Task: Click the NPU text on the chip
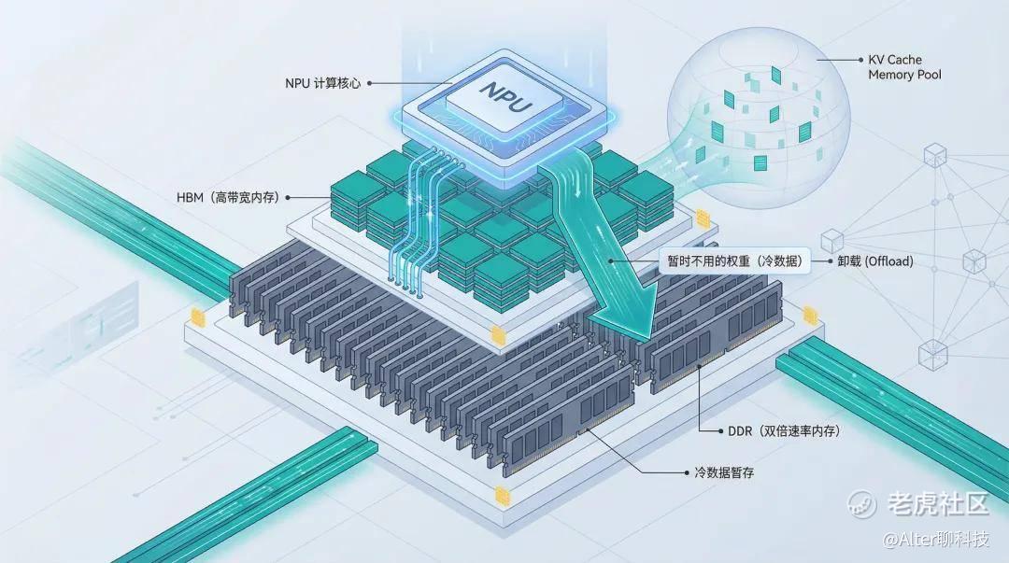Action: point(507,96)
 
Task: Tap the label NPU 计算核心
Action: point(322,83)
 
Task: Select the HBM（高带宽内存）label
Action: point(228,198)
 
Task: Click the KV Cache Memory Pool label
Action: point(904,67)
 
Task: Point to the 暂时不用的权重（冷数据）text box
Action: point(735,261)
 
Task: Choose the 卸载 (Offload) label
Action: point(875,261)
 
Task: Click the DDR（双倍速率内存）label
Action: point(784,431)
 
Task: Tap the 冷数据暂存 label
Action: point(724,473)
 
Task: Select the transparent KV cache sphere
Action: point(758,119)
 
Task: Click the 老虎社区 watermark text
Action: point(938,504)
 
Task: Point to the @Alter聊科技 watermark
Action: point(935,539)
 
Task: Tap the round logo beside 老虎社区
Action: point(861,504)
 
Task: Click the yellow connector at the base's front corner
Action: point(502,496)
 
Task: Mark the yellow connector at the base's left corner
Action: point(197,317)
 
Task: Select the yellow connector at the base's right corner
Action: point(809,316)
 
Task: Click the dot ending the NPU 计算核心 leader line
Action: point(369,83)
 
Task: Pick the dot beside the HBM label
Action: point(288,198)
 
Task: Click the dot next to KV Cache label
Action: point(861,59)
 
